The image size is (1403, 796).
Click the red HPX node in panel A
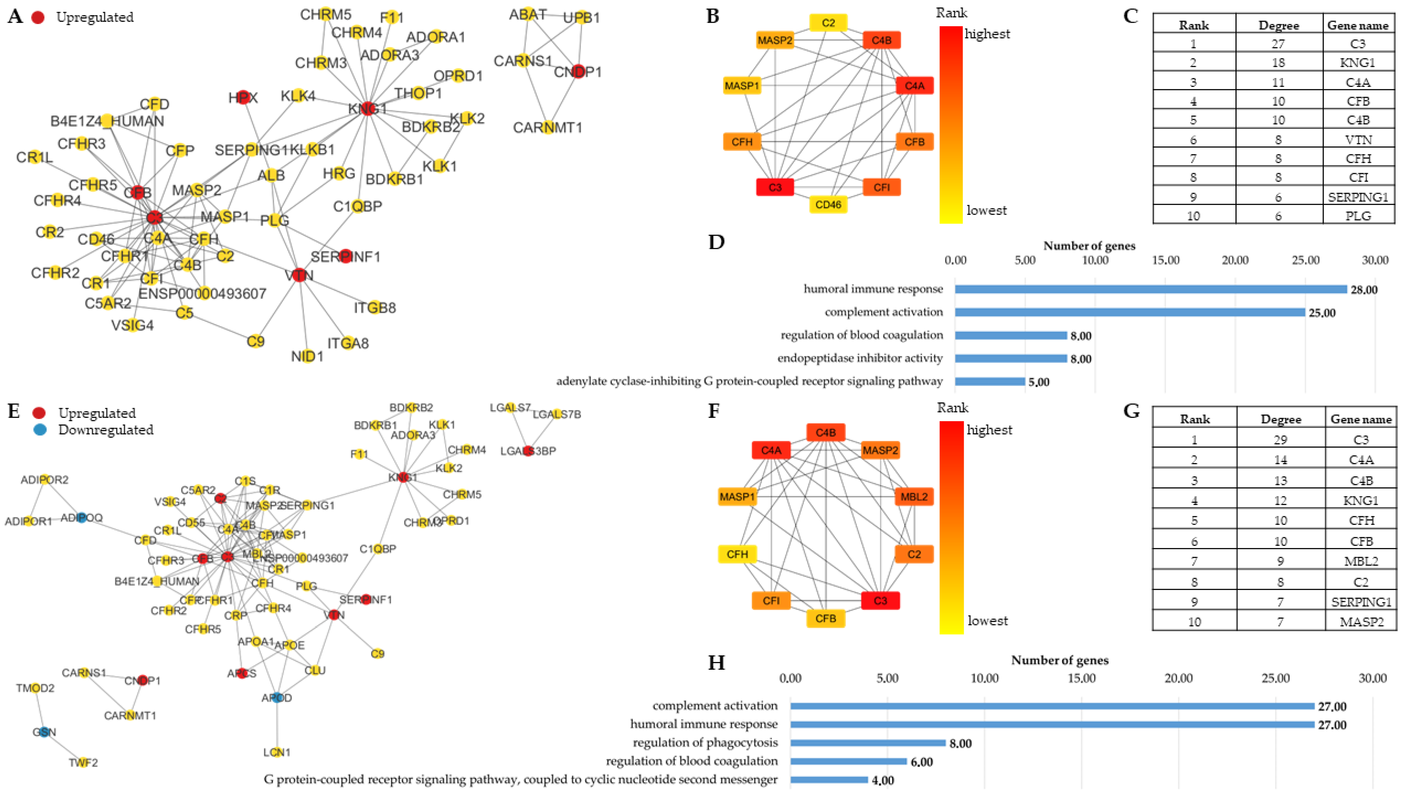tap(243, 97)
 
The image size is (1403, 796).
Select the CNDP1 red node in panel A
tap(578, 72)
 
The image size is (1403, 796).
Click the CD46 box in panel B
tap(828, 205)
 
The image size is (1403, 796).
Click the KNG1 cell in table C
tap(1358, 62)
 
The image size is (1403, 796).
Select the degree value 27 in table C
tap(1278, 44)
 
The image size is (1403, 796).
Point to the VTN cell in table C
tap(1358, 140)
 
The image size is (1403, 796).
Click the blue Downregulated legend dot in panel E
tap(40, 430)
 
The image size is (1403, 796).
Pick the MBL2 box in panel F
tap(914, 496)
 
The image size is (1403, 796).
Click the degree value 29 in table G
tap(1281, 440)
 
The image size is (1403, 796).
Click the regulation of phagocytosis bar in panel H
tap(868, 743)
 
